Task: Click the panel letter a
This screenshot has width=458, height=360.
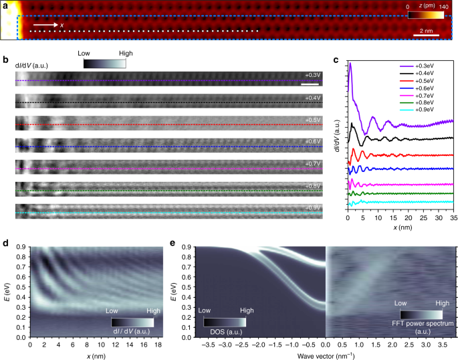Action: tap(5, 5)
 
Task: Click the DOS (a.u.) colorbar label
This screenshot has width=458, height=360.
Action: tap(225, 331)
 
